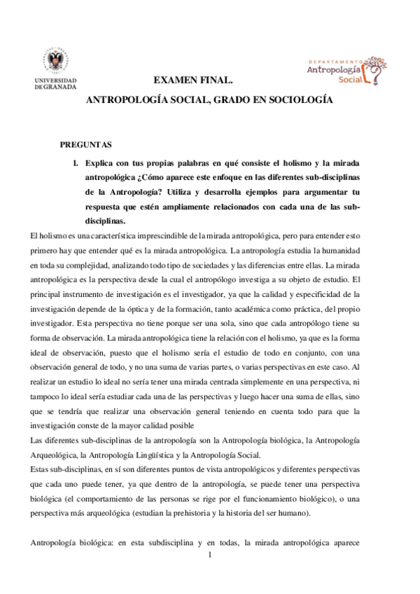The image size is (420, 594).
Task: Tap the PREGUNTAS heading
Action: (85, 145)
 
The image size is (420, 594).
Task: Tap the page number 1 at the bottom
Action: (210, 555)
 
